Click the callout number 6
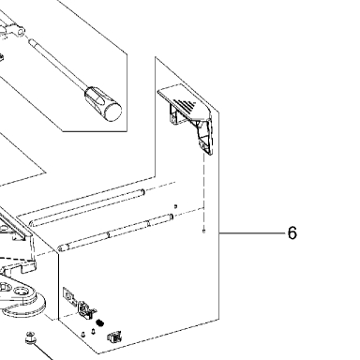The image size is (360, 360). tap(292, 233)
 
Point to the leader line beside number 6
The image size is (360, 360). tap(252, 233)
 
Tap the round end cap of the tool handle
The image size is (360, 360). tap(112, 112)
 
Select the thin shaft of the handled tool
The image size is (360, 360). tap(58, 65)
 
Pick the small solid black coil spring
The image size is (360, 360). tap(100, 322)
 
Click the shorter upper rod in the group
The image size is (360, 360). tap(86, 207)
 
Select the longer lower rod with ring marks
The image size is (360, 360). tap(115, 232)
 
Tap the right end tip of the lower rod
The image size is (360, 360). tap(172, 217)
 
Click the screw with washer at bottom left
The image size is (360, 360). tap(30, 338)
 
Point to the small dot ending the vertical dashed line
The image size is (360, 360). tap(203, 232)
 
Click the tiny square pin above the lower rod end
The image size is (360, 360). tap(175, 206)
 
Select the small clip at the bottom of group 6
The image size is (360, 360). tap(114, 337)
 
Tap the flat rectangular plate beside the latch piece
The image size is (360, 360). tap(69, 296)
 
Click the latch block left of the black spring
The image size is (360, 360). tap(86, 310)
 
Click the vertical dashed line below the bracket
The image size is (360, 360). tap(203, 191)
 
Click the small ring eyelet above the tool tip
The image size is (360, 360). tap(21, 32)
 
